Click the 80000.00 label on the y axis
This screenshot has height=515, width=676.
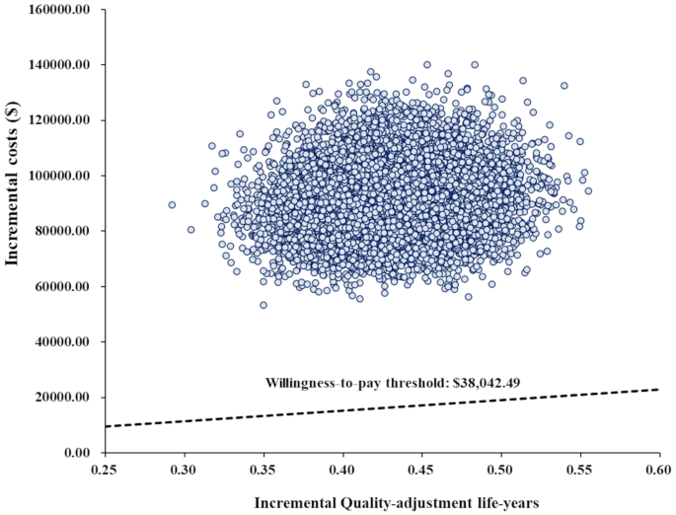coord(61,231)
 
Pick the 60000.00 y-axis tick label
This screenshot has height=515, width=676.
coord(61,286)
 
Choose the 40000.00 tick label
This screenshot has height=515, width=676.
coord(61,342)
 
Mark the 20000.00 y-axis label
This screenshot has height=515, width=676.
coord(61,398)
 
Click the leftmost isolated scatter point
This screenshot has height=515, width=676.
coord(172,205)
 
